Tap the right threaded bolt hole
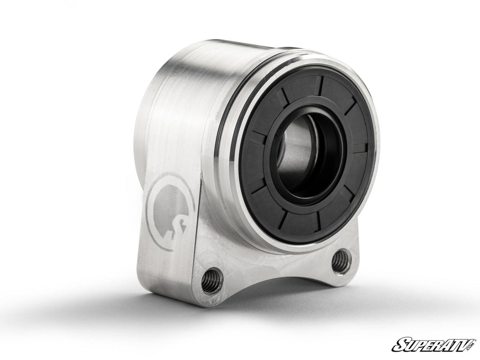(x=341, y=262)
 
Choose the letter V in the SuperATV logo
(x=462, y=343)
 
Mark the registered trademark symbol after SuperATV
(x=473, y=337)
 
